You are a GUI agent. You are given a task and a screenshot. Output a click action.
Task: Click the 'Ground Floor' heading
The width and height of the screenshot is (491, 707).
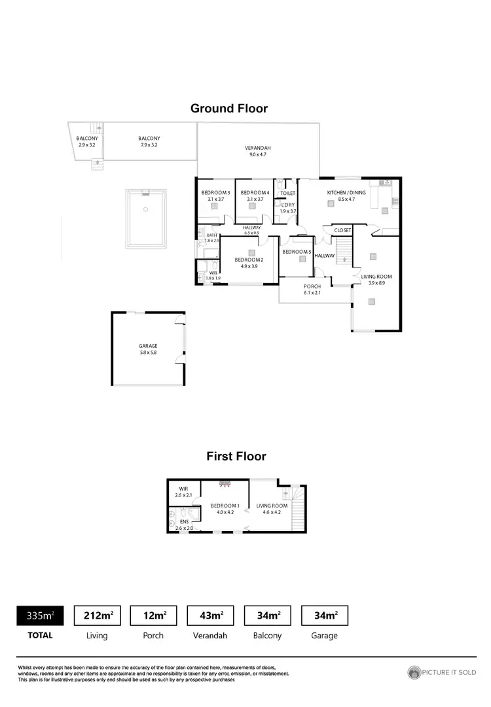tap(229, 109)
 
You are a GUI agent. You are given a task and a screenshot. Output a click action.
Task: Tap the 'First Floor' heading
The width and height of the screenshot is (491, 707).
tap(236, 457)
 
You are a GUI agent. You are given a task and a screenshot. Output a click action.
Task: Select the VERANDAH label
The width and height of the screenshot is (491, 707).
tap(258, 148)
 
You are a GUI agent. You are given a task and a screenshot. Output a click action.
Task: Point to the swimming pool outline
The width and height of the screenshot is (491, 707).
tap(146, 218)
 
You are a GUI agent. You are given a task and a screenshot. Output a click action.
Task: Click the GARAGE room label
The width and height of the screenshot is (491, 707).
tap(148, 346)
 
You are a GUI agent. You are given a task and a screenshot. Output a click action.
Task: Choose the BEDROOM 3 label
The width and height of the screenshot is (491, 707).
tap(215, 192)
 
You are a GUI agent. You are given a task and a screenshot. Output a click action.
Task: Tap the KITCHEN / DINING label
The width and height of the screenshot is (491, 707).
tap(346, 192)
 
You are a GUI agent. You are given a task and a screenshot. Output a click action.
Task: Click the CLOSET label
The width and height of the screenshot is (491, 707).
tap(342, 230)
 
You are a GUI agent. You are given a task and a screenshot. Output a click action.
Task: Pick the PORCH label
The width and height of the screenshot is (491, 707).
tap(312, 286)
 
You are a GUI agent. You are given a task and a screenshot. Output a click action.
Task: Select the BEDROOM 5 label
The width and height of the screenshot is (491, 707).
tap(297, 252)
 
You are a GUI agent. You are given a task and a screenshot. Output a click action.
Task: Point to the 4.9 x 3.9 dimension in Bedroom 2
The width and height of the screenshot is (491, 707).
tap(249, 266)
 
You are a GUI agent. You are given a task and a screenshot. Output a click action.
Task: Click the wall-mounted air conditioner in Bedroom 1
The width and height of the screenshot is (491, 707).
tap(225, 485)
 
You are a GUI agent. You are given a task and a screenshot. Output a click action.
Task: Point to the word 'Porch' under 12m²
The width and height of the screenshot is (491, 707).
tap(154, 635)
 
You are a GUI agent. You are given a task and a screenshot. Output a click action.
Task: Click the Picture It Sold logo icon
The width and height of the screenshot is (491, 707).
tap(414, 672)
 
